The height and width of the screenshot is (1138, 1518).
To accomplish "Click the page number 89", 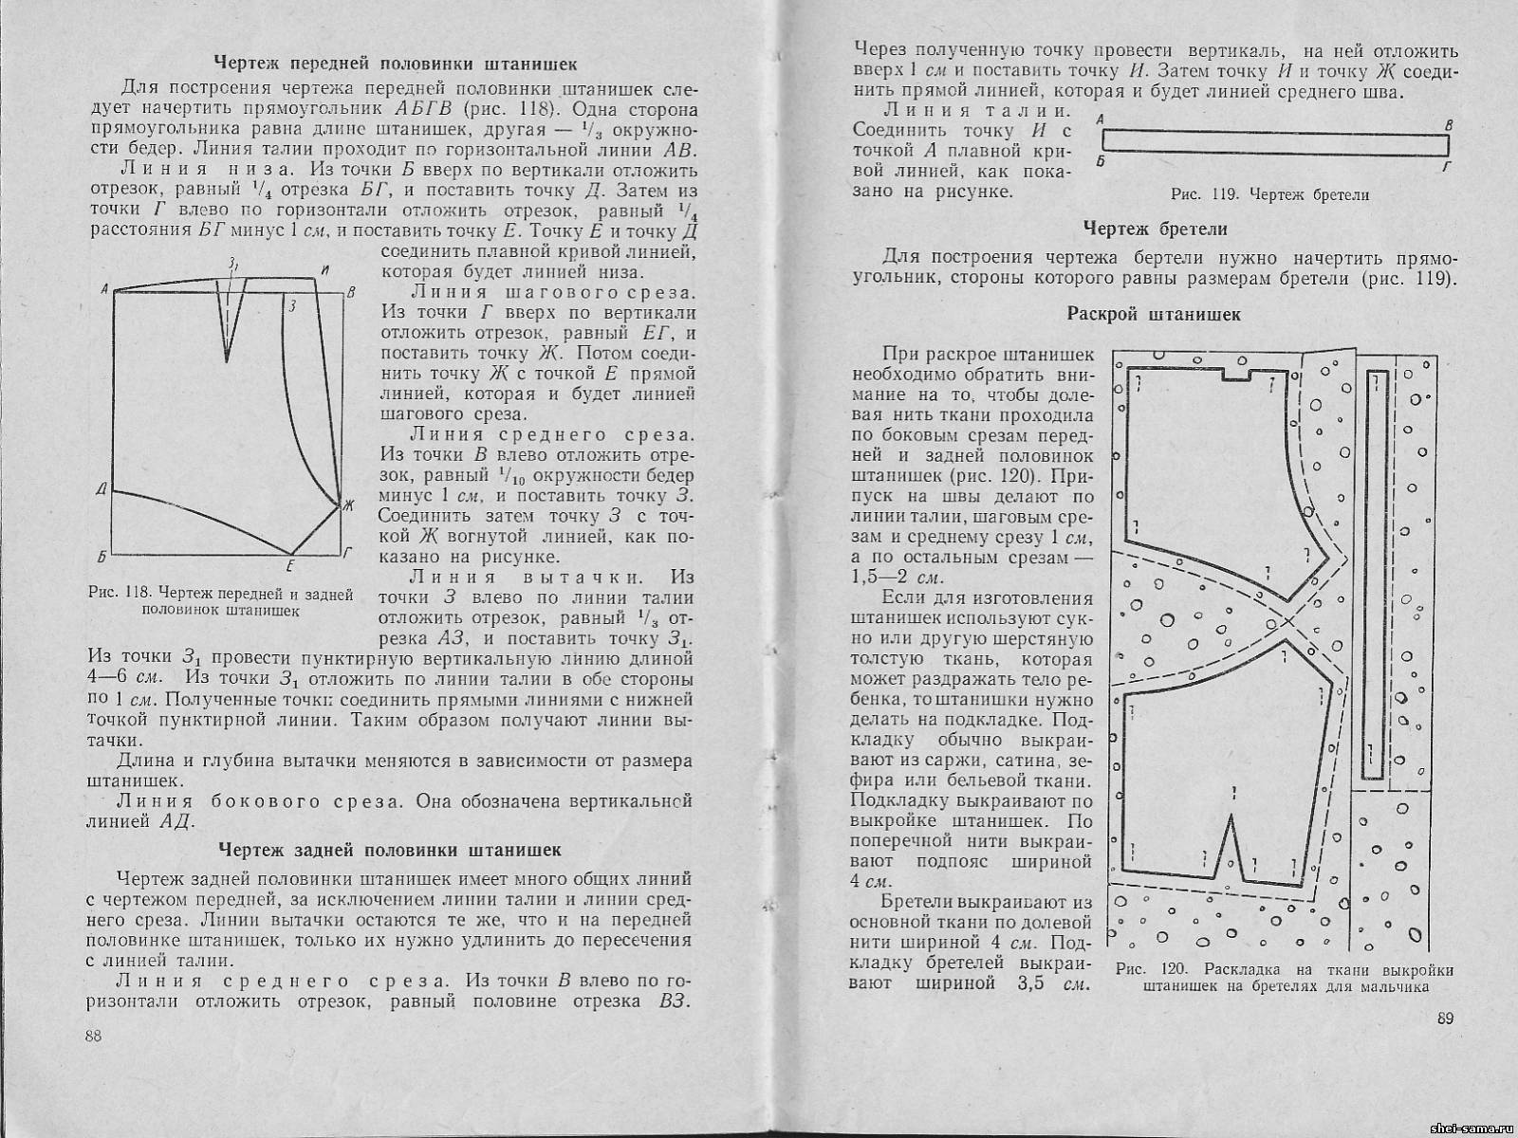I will pyautogui.click(x=1445, y=1019).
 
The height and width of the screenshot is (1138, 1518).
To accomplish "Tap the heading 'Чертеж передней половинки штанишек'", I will pyautogui.click(x=395, y=64).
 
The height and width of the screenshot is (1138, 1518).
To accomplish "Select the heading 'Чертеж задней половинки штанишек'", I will pyautogui.click(x=390, y=849).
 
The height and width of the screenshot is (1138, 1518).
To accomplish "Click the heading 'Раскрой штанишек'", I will pyautogui.click(x=1154, y=315).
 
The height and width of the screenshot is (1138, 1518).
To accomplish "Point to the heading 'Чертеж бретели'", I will pyautogui.click(x=1155, y=229).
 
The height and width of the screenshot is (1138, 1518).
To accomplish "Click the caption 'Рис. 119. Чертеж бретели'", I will pyautogui.click(x=1270, y=194).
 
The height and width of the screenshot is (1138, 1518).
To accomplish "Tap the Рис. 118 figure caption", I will pyautogui.click(x=220, y=602).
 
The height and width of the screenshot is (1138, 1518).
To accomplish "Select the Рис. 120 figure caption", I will pyautogui.click(x=1285, y=978).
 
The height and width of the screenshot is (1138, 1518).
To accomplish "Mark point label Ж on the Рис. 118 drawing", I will pyautogui.click(x=347, y=505).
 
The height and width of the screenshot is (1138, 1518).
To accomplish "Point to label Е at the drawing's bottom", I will pyautogui.click(x=290, y=566).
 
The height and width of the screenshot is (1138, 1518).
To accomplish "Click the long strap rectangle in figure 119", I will pyautogui.click(x=1276, y=142).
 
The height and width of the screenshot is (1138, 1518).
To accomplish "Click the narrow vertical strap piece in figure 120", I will pyautogui.click(x=1372, y=569).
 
